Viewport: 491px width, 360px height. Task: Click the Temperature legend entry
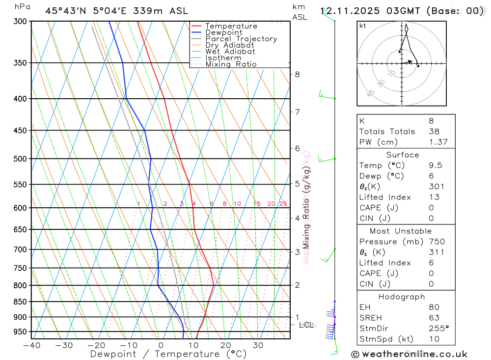click(231, 26)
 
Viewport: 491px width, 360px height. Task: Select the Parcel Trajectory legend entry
click(241, 39)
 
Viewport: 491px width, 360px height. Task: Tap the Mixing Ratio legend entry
click(231, 64)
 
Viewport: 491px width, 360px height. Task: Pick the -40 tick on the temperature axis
click(31, 345)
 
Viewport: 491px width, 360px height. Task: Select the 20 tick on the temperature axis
click(225, 345)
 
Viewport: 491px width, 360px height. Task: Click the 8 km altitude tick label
click(297, 75)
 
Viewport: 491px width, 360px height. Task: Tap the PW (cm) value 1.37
click(438, 142)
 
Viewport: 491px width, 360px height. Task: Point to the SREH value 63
click(434, 318)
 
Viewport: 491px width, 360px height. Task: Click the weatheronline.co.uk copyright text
click(409, 354)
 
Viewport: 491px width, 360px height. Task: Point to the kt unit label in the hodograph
click(363, 26)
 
